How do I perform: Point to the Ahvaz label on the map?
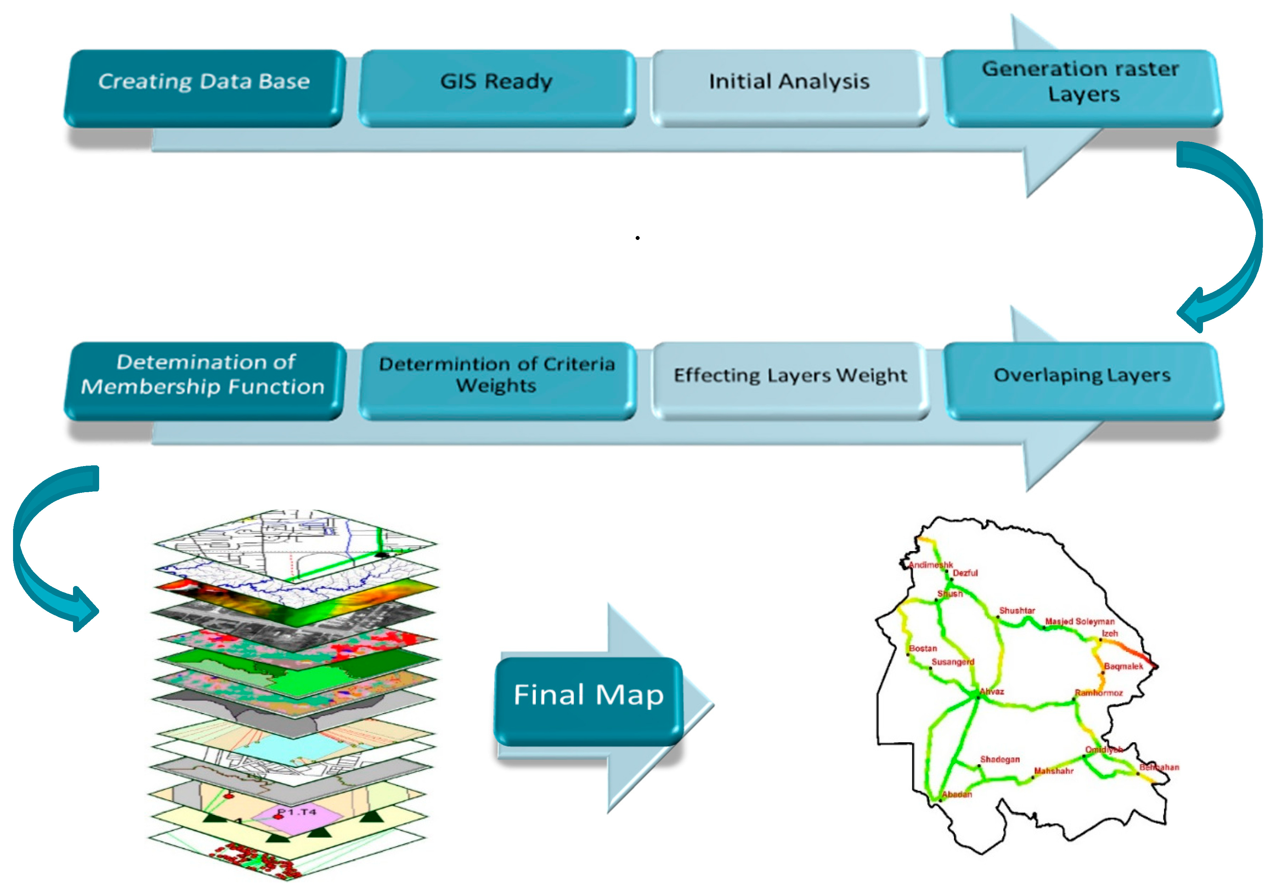992,691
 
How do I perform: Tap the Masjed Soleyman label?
1079,621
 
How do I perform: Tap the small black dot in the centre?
637,238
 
